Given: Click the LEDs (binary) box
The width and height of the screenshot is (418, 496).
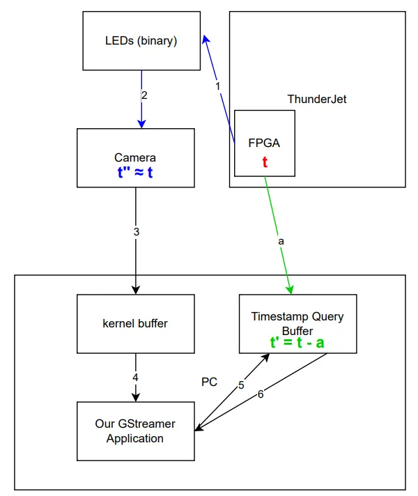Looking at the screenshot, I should tap(141, 41).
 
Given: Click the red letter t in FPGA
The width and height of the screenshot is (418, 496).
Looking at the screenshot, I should tap(265, 162).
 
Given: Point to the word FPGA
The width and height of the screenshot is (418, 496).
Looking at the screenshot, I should tap(264, 144).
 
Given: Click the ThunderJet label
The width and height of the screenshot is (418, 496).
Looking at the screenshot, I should tap(317, 99).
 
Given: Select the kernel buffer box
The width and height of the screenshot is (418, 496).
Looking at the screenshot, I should tap(135, 323).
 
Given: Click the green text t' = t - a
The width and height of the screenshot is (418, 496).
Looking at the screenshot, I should tap(297, 343).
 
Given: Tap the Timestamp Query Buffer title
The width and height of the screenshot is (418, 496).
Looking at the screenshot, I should tap(297, 323).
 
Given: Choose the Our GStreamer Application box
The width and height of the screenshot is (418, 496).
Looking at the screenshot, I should tap(135, 431).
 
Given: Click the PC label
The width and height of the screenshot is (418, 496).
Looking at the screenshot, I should tap(209, 382).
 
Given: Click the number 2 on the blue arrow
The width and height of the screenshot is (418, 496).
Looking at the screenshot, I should tap(144, 95).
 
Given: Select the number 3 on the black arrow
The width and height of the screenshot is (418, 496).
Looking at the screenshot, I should tap(137, 231).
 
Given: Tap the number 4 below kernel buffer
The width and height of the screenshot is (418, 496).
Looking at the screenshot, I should tap(137, 377).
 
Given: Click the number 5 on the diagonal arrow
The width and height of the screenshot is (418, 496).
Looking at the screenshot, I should tap(241, 384).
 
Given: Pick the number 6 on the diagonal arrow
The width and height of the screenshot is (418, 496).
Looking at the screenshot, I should tap(261, 394).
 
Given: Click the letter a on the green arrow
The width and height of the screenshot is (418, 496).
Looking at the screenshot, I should tap(281, 240).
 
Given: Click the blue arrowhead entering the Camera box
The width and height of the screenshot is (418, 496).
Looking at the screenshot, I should tap(141, 123).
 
